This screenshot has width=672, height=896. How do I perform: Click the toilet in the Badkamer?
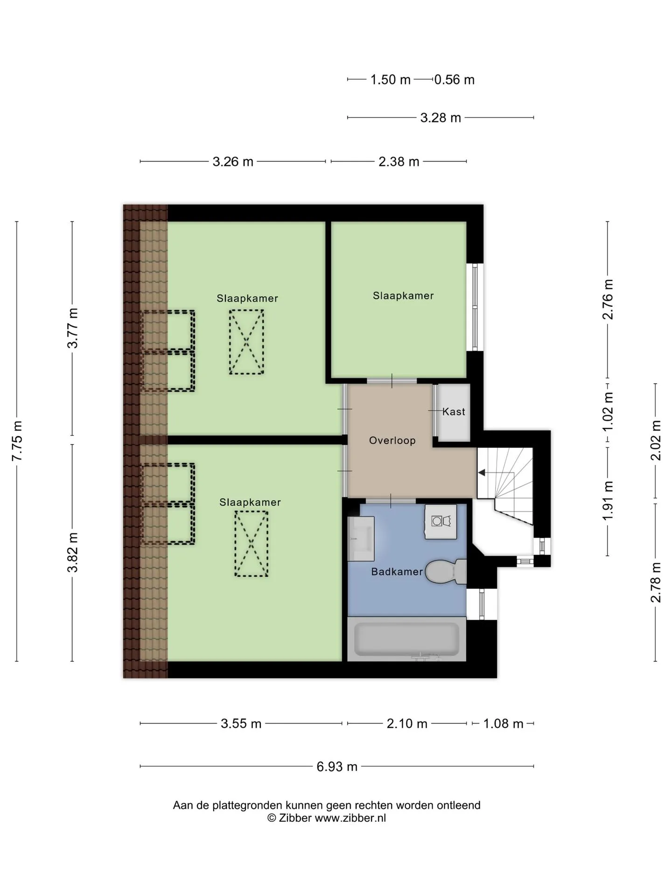pos(446,572)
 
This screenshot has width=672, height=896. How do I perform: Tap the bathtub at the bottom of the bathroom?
pos(406,639)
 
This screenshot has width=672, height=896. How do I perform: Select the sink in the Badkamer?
pos(361,539)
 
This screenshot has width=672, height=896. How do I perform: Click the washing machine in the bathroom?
pos(441,522)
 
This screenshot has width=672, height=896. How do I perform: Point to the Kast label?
pos(454,412)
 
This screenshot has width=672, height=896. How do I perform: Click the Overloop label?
pos(392,441)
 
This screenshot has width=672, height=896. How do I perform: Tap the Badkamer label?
pos(397,572)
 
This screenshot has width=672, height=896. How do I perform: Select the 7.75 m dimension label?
pos(17,441)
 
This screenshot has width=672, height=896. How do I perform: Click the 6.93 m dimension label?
pos(337,767)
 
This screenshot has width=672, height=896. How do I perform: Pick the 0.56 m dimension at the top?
pos(455,80)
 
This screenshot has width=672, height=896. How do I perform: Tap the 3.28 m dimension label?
pos(441,118)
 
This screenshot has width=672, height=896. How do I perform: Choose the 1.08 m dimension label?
pos(503,724)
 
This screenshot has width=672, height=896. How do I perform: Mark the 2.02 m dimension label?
pos(656,441)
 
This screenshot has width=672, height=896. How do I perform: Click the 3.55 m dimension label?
pos(241,724)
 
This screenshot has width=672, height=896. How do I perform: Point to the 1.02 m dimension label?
pos(607,413)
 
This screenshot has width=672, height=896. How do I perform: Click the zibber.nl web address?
pos(350,818)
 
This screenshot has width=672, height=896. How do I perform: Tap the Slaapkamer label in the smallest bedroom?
pos(403,296)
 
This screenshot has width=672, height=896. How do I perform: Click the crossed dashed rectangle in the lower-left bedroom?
pos(251,544)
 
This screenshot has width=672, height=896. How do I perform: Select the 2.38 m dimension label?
pos(399,162)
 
